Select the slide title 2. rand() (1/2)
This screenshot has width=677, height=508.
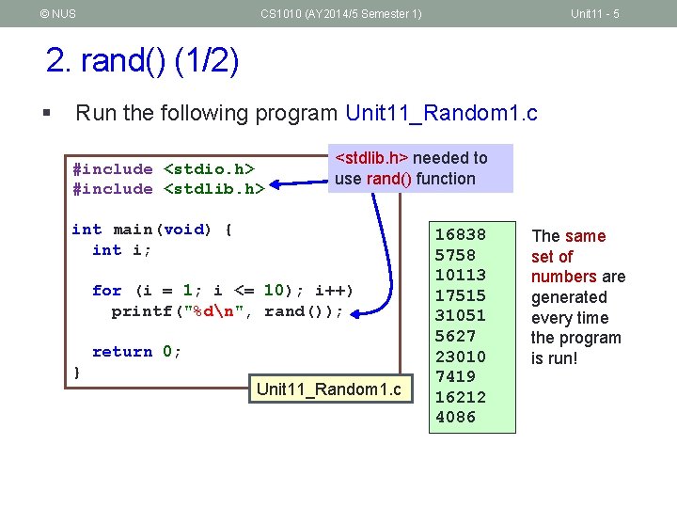(142, 62)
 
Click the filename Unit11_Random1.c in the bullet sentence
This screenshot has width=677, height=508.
(441, 114)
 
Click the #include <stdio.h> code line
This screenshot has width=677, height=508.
(164, 169)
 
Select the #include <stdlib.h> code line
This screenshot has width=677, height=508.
(168, 189)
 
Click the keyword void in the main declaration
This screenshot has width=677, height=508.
(183, 230)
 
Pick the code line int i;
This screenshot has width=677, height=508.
(121, 250)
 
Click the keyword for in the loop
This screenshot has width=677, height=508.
(106, 291)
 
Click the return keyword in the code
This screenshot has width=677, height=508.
(121, 352)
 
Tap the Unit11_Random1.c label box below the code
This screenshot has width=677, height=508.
(328, 389)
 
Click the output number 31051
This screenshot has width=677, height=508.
(460, 316)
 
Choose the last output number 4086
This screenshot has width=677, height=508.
(455, 417)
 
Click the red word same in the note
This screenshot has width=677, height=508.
(585, 236)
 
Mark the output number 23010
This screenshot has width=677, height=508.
(460, 357)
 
